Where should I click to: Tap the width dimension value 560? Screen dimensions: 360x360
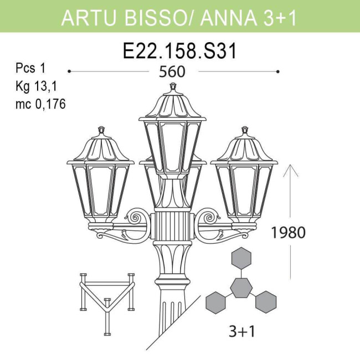[172, 72]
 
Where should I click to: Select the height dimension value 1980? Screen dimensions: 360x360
[287, 232]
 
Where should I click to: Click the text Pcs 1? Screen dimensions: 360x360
[30, 69]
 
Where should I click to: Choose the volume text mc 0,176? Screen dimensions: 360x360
[40, 104]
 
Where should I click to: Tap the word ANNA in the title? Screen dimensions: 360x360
[227, 18]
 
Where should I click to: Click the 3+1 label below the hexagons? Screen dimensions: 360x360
[241, 331]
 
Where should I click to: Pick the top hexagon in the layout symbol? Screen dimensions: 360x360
[241, 258]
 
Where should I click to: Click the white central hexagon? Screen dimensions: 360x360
[241, 287]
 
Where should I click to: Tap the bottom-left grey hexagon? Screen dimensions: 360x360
[216, 301]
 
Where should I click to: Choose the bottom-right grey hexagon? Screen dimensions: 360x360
[266, 301]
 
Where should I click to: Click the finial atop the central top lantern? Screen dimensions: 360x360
[173, 87]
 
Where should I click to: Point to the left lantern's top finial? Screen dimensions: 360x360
[101, 131]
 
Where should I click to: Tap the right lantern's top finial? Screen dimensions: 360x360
[244, 131]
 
